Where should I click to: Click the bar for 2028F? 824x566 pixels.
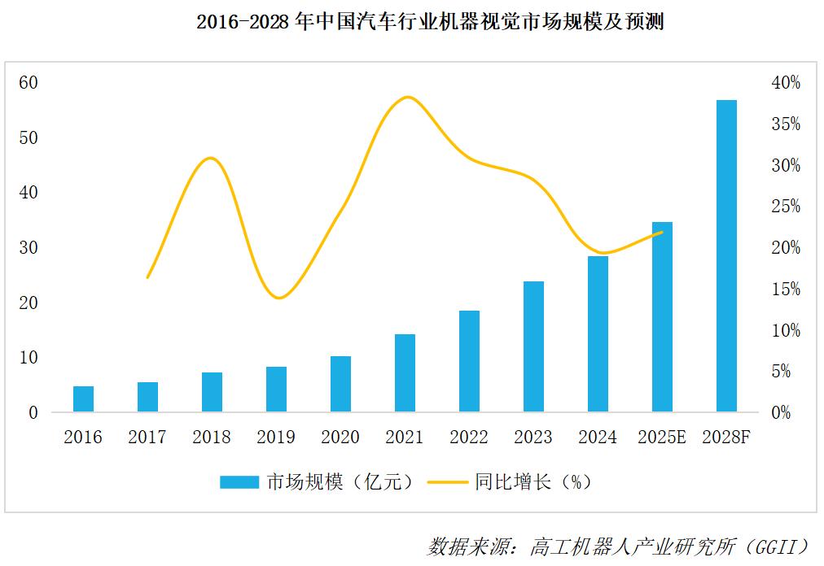pos(726,256)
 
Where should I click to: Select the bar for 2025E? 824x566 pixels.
pos(662,317)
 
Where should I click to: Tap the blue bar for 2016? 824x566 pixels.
pos(83,399)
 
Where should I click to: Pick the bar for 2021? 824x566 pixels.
pos(405,373)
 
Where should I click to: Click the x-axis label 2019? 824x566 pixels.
pos(276,438)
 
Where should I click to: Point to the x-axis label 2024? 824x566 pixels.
pos(598,438)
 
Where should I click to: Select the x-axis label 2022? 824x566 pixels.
pos(469,438)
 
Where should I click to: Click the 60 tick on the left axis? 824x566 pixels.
pos(29,82)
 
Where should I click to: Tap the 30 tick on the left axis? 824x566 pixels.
pos(29,247)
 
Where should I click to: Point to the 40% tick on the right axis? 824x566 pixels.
pos(785,82)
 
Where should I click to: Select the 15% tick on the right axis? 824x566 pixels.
pos(785,289)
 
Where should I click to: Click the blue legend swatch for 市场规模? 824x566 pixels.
pos(239,482)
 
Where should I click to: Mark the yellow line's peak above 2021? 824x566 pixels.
pos(406,97)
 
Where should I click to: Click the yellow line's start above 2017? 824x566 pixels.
pos(147,277)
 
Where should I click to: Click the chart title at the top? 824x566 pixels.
pos(430,22)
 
